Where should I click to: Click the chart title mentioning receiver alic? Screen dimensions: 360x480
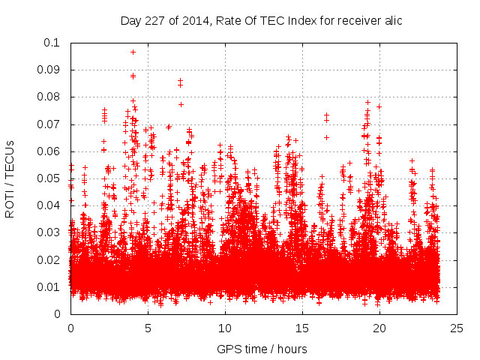click(261, 21)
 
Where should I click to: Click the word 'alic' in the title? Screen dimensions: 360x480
click(392, 21)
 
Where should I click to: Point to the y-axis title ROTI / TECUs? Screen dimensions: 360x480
click(10, 178)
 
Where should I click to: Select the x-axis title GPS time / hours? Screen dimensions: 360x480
click(261, 349)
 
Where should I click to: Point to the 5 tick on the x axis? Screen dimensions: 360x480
click(148, 328)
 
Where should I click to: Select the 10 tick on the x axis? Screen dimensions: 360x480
click(225, 328)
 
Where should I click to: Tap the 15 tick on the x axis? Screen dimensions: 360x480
click(302, 328)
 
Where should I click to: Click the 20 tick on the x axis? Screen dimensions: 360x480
click(379, 328)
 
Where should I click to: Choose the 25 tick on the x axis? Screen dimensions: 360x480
click(457, 328)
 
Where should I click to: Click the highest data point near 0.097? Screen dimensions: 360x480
click(133, 52)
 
